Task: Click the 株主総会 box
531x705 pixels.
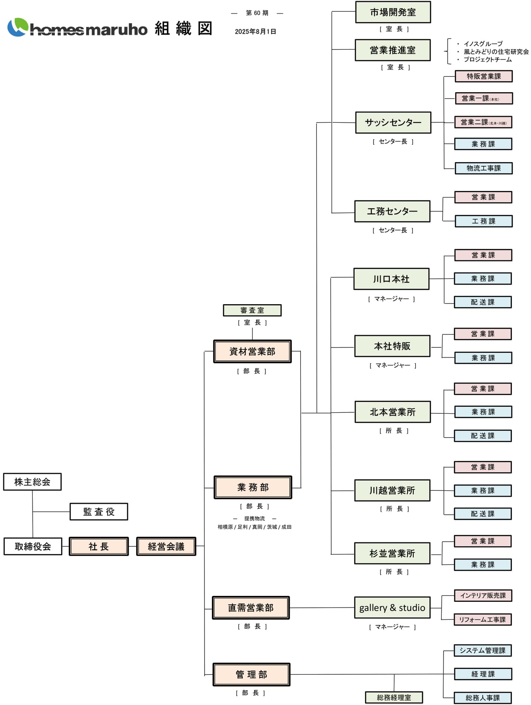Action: click(32, 482)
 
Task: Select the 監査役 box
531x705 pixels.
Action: click(99, 512)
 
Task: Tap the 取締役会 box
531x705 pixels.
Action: click(33, 546)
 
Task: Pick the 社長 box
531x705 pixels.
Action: click(99, 546)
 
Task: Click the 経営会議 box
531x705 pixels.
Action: click(166, 546)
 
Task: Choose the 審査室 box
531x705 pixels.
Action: click(252, 310)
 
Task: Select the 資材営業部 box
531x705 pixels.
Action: click(253, 351)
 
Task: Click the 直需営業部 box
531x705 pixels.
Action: click(251, 608)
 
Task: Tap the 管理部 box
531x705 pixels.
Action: click(251, 674)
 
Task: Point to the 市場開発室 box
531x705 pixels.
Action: click(393, 12)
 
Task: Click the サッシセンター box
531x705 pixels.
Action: click(393, 122)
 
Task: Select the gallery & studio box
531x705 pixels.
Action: click(392, 608)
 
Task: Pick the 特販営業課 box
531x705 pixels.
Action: click(484, 76)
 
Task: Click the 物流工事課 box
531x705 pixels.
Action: click(484, 168)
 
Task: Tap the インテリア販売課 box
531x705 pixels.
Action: click(483, 595)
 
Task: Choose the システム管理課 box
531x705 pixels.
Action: click(483, 650)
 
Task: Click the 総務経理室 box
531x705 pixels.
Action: click(394, 697)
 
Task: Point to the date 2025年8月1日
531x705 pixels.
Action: click(256, 32)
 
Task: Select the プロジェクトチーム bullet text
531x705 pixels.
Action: click(487, 59)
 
